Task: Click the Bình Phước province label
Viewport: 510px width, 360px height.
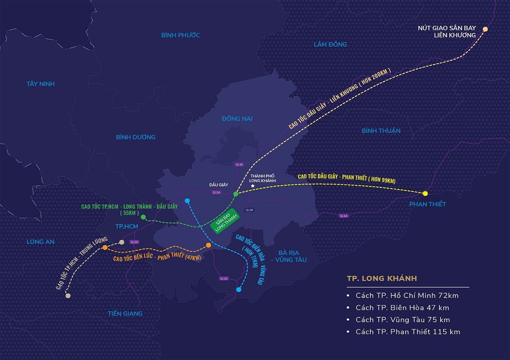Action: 180,35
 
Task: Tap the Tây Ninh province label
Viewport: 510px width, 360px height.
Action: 40,84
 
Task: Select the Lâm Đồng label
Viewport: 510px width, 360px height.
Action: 330,44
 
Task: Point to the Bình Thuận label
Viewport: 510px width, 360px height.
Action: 381,130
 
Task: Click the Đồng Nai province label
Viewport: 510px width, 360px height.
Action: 237,119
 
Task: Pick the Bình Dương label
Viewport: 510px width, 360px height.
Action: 136,137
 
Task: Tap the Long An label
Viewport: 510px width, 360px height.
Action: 40,241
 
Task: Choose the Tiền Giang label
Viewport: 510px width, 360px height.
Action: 125,313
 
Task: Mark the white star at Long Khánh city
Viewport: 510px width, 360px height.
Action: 253,186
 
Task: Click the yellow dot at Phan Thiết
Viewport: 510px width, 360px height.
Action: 425,194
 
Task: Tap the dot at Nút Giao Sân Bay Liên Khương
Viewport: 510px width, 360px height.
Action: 485,29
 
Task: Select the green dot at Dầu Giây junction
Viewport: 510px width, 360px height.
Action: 236,194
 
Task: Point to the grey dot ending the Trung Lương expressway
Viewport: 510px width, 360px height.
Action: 68,295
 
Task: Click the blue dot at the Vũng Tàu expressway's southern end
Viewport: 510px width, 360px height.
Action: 238,289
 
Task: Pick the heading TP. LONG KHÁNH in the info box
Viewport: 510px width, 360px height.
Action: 382,278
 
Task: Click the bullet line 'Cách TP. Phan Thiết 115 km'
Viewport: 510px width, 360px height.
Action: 408,332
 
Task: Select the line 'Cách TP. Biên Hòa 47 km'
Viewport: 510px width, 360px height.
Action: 402,307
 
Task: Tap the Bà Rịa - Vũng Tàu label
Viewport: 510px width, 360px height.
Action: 290,256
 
